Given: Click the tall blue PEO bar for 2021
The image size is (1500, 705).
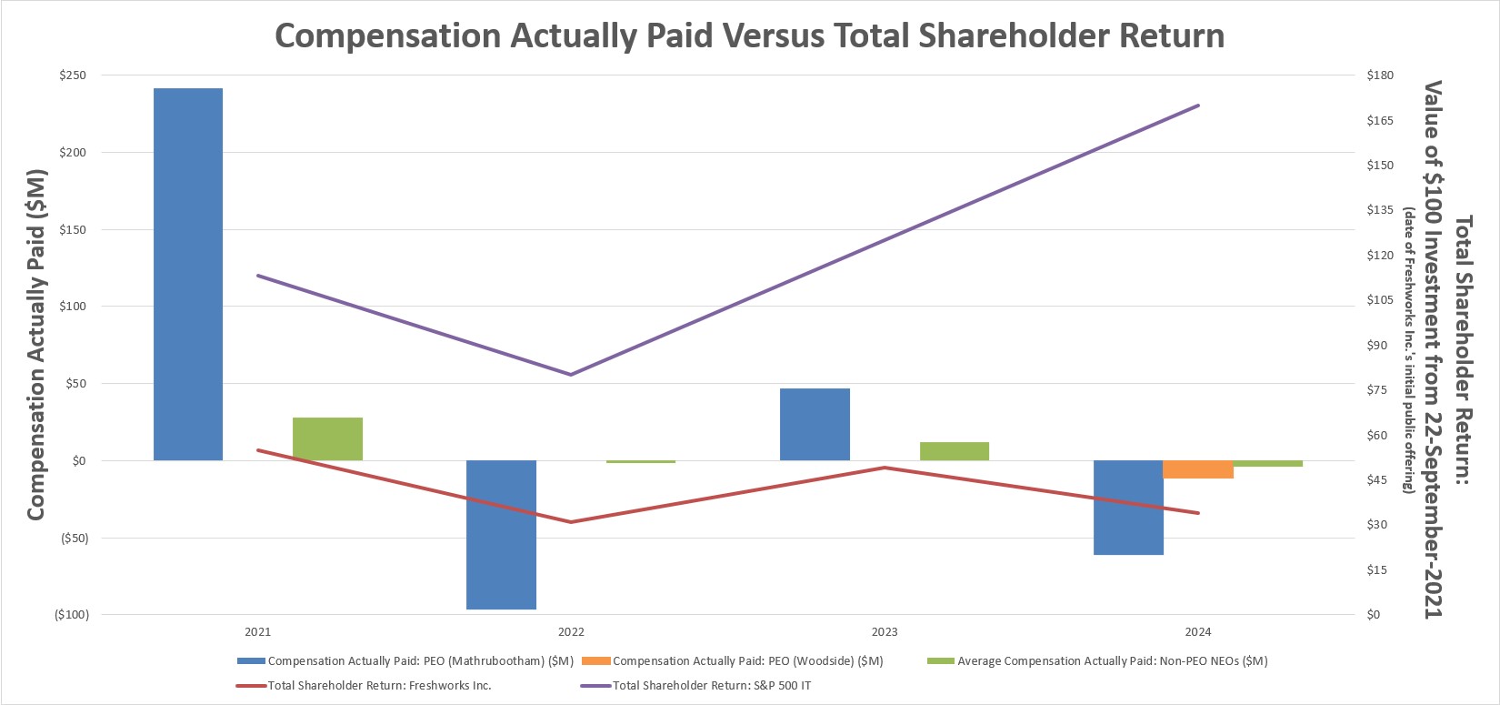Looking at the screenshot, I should coord(188,273).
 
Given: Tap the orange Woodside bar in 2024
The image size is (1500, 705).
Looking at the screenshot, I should coord(1198,469).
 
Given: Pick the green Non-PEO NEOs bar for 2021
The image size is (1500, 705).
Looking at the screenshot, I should coord(327,438).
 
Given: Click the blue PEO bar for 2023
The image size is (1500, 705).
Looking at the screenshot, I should coord(815,424).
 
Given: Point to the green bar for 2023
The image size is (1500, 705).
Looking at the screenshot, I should coord(954,451).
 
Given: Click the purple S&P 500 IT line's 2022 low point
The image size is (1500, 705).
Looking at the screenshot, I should coord(571,374).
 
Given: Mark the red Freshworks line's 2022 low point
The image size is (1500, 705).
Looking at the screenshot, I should coord(571,522).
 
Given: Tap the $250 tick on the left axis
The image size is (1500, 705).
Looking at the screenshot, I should coord(72,76).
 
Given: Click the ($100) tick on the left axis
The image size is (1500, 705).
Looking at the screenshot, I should coord(72,615).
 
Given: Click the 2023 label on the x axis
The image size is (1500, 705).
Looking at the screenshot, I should coord(884,632).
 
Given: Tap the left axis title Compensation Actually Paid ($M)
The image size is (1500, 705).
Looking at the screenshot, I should coord(36,344).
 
